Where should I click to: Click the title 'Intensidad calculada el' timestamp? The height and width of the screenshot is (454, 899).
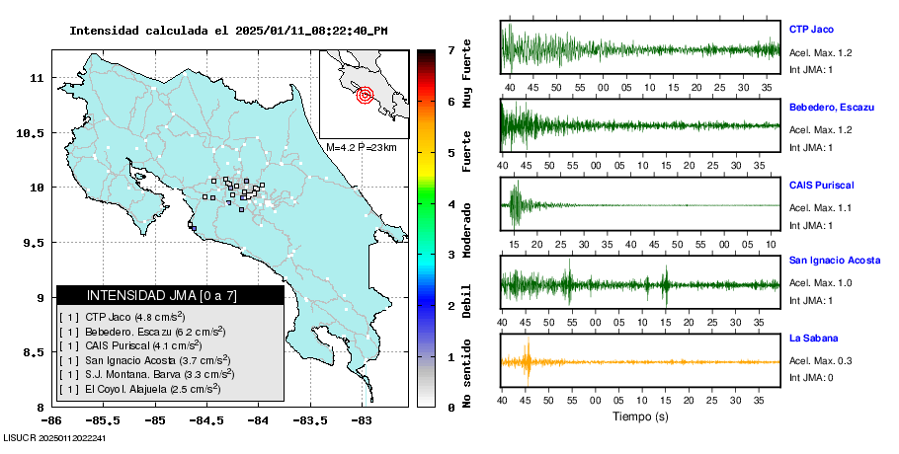(x=228, y=31)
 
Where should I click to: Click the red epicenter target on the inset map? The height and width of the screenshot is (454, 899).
(x=365, y=96)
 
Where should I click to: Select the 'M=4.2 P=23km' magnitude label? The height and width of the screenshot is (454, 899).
(x=361, y=147)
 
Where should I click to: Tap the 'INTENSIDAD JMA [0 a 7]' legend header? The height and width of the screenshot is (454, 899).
(x=170, y=295)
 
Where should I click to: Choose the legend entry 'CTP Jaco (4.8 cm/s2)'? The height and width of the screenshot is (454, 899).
(x=133, y=317)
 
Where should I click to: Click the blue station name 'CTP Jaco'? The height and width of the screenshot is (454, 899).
(x=812, y=30)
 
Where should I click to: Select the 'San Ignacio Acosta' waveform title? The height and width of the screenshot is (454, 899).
(x=835, y=261)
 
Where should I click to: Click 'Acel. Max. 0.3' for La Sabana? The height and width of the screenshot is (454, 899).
(x=821, y=361)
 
